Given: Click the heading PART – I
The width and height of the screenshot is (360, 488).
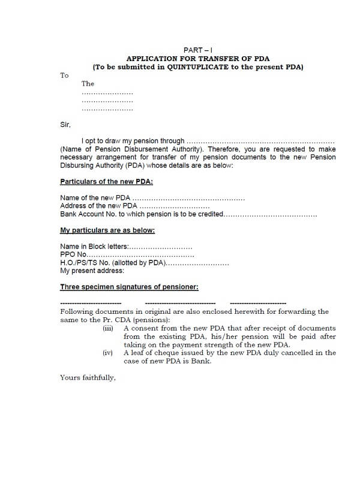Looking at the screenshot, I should [197, 50].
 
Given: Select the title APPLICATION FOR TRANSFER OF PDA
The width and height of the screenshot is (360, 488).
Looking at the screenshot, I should [197, 59].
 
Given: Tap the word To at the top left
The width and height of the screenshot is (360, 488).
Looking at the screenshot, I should [64, 75].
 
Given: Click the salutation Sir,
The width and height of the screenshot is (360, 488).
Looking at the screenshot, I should [65, 125].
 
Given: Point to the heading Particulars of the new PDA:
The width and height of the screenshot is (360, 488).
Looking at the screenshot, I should [106, 181].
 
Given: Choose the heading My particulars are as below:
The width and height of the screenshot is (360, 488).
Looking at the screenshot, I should [107, 231].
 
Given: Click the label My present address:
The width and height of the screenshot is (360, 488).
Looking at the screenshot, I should [92, 271].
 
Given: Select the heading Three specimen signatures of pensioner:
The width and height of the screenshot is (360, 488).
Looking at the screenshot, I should [129, 287].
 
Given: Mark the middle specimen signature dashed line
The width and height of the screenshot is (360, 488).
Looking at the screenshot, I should [180, 303].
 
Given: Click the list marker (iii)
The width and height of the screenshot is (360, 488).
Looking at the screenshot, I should [108, 329].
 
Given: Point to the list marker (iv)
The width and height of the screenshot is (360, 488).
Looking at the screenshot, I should [108, 353].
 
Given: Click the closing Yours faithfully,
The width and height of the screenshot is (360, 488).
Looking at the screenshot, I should [88, 378].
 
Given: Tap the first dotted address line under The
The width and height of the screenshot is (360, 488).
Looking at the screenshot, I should [107, 94].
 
